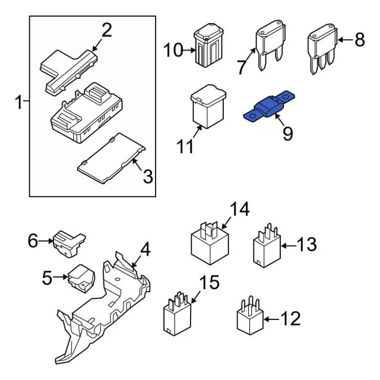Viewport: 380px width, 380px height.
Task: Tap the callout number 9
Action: [287, 134]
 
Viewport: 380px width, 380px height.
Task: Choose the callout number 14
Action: [239, 210]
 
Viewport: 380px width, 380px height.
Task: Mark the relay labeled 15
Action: [176, 315]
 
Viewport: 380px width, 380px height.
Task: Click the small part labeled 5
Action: [81, 278]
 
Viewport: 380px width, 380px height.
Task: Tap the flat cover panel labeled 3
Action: [113, 158]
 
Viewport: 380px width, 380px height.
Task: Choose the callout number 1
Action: [19, 103]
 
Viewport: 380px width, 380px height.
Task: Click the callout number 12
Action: [290, 319]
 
